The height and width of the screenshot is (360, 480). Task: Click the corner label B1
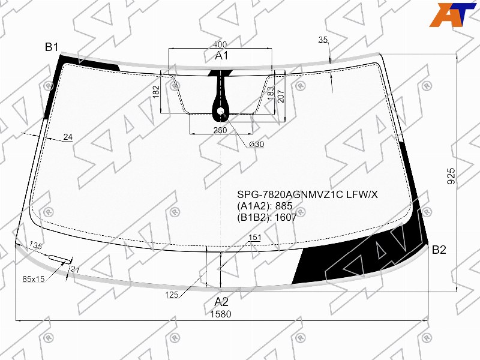tap(52, 47)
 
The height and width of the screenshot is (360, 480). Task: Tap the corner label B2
tap(439, 250)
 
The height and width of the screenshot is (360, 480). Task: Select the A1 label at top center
tap(221, 56)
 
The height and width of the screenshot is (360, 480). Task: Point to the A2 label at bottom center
tap(221, 302)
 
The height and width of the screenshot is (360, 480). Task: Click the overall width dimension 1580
tap(220, 314)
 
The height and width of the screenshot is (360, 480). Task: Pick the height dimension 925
tap(451, 176)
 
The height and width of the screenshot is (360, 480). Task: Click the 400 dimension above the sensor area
tap(220, 44)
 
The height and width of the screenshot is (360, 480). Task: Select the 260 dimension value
tap(220, 130)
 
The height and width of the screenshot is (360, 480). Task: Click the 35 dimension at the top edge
tap(323, 40)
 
